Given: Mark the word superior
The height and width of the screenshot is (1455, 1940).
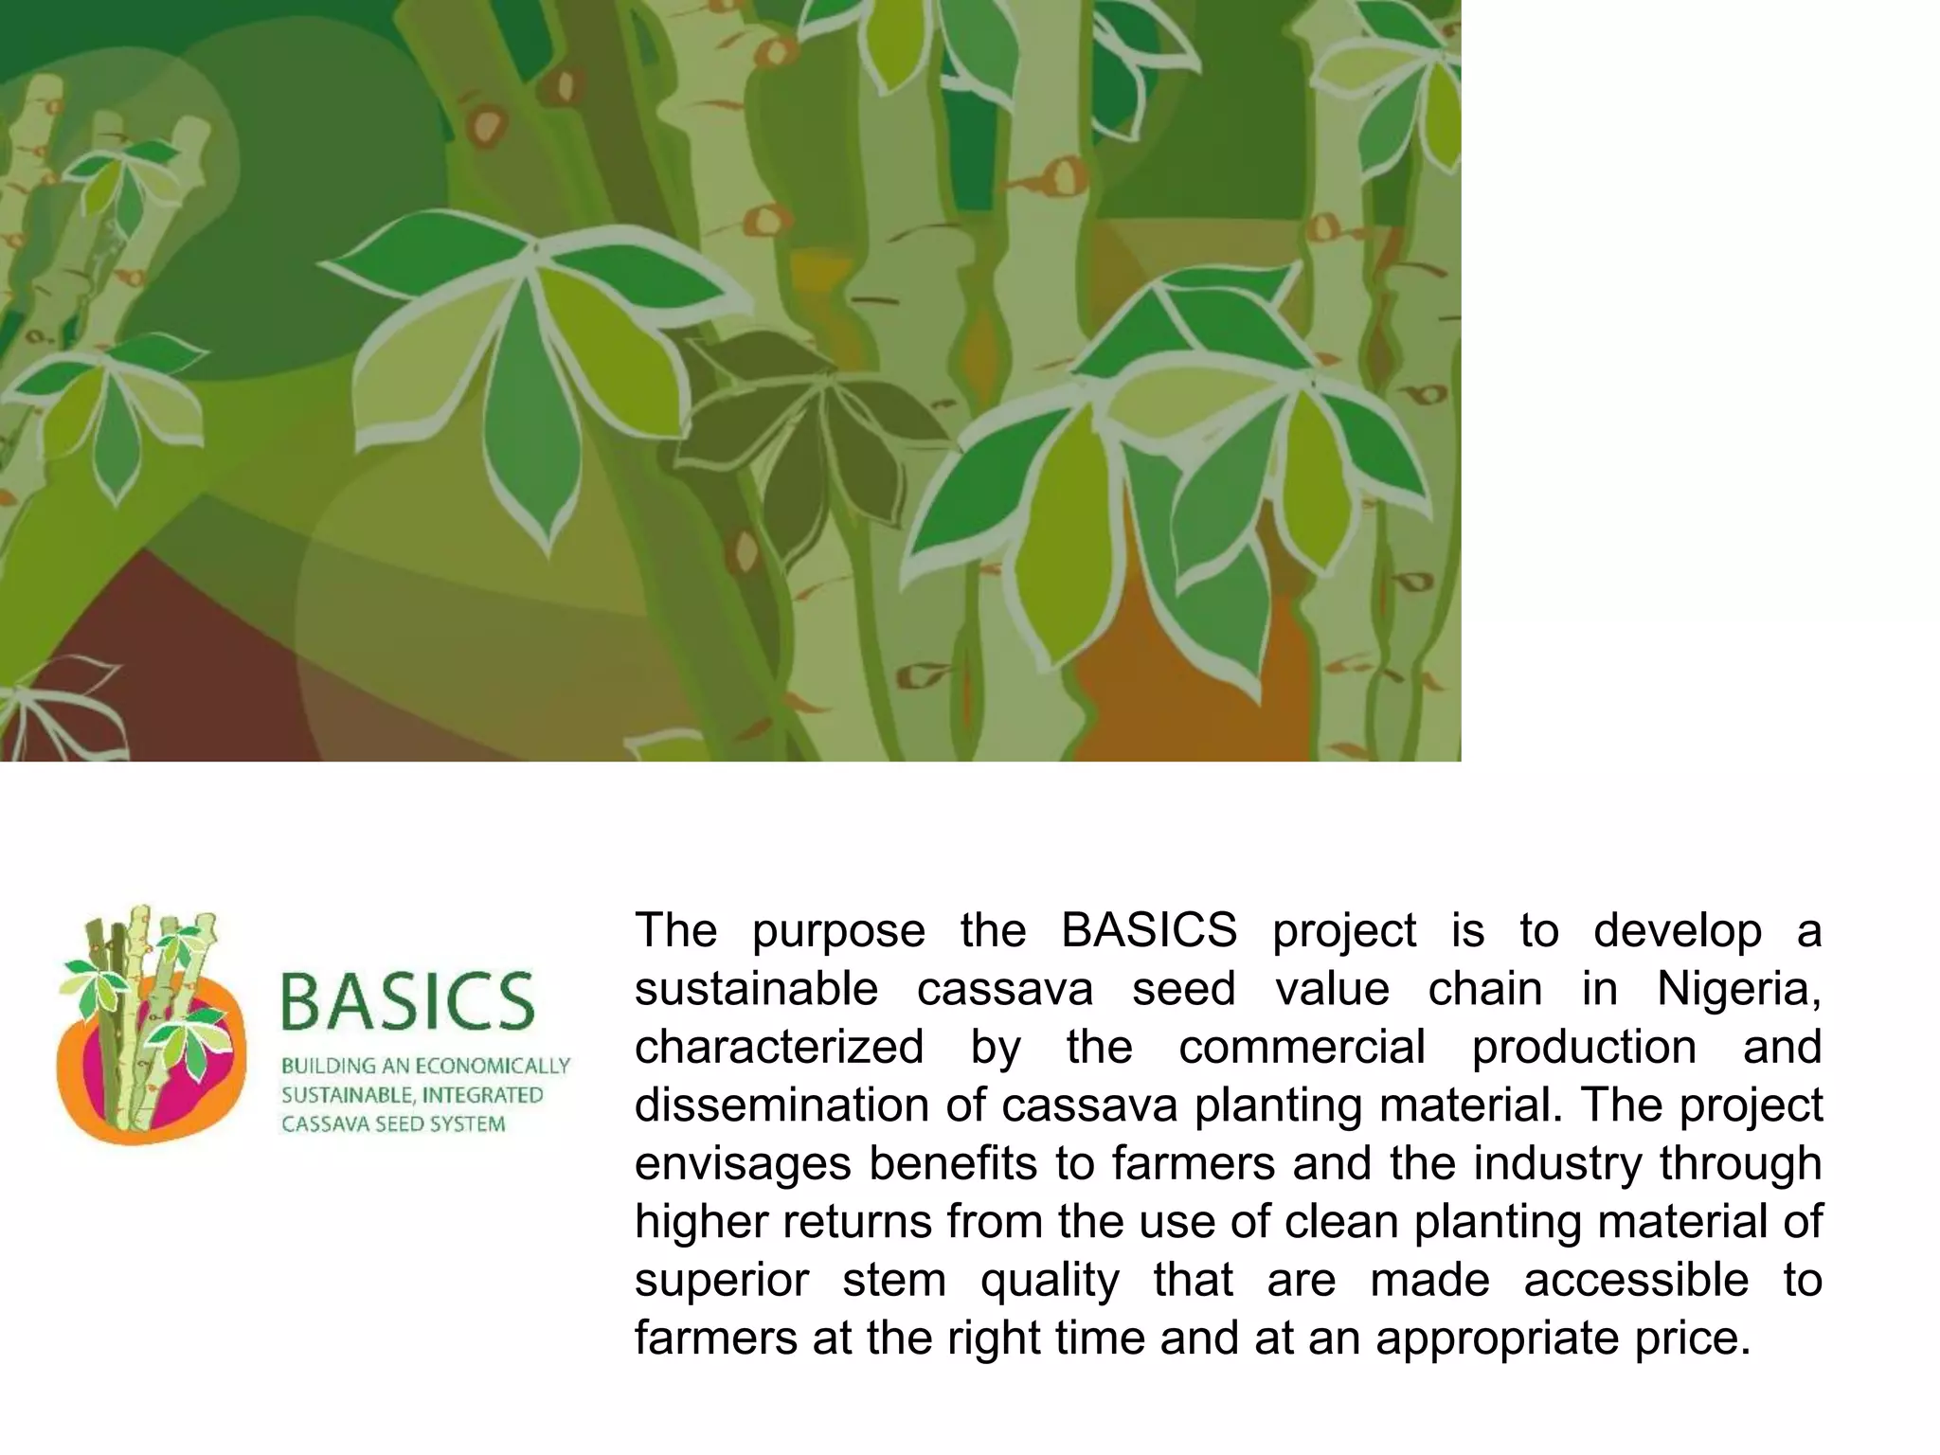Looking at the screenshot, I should click(x=721, y=1281).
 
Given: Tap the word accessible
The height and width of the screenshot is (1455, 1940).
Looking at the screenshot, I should click(x=1636, y=1281).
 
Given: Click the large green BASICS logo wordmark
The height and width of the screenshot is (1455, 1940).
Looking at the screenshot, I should click(x=407, y=1002).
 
